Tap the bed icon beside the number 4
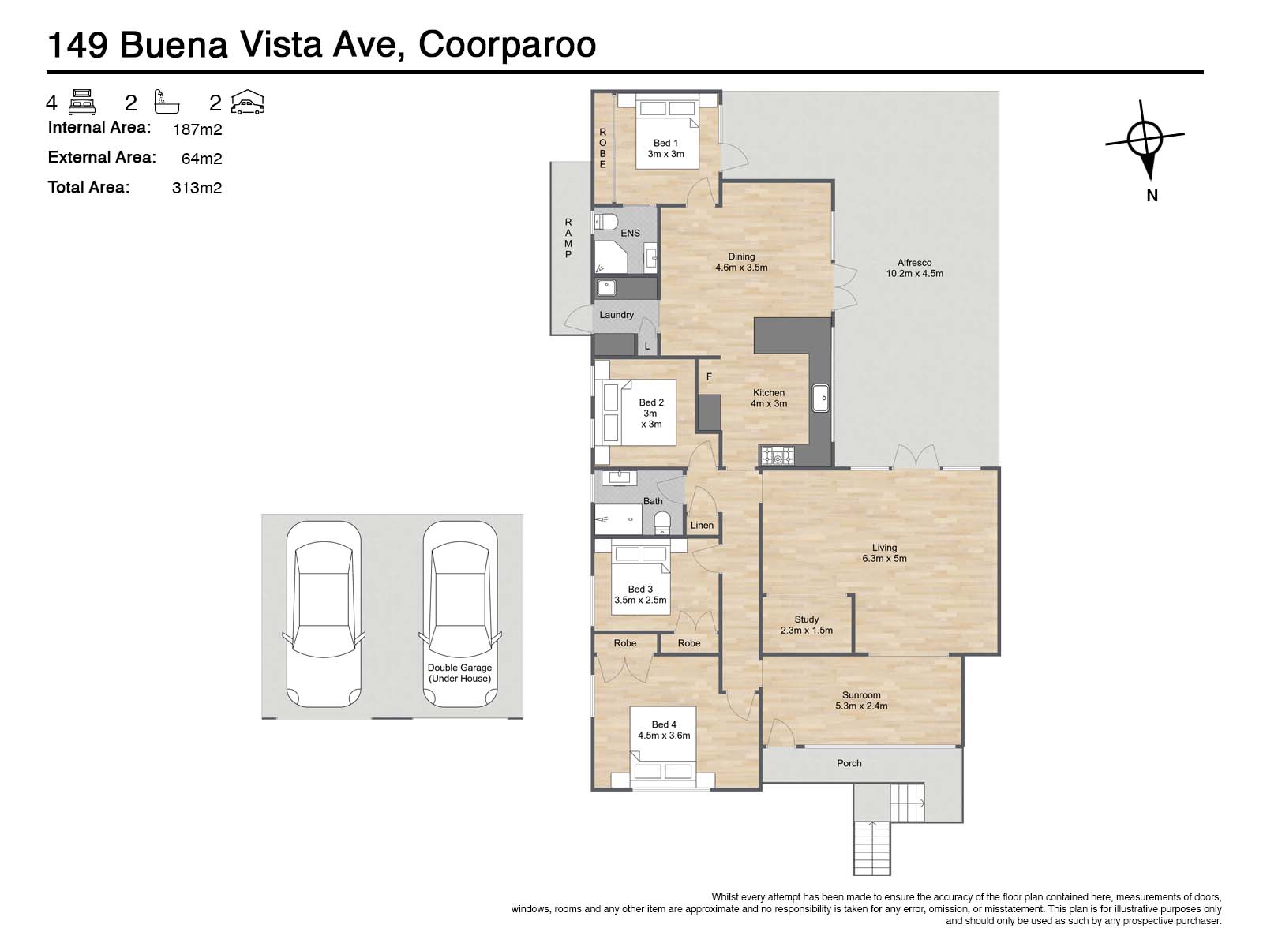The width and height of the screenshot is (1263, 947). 82,103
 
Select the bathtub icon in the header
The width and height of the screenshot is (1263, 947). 167,102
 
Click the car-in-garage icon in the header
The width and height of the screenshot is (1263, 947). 247,103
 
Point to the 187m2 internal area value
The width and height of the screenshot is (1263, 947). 197,129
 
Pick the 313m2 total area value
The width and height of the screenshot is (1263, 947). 197,188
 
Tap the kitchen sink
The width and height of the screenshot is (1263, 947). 820,398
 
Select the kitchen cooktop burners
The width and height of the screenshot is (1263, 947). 778,456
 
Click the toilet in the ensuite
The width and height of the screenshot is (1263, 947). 605,222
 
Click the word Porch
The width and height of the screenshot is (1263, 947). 849,763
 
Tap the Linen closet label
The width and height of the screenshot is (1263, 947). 702,525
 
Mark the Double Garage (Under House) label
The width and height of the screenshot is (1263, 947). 459,672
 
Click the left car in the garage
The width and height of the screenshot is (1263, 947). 324,613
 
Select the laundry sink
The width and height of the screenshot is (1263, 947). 606,287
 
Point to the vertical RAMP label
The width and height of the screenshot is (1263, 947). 568,238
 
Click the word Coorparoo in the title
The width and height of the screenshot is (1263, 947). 507,45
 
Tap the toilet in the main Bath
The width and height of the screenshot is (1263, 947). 662,522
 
